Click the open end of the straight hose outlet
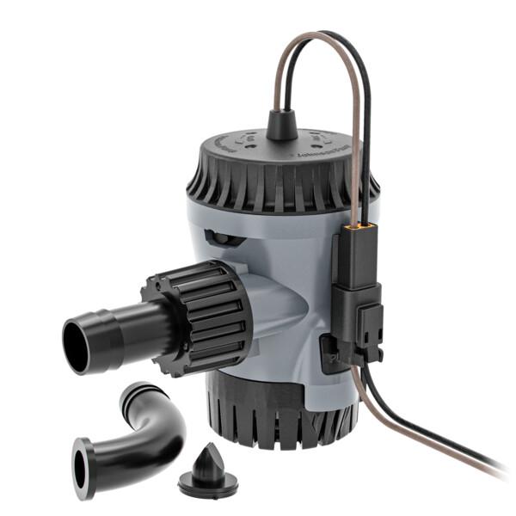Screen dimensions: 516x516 pos(78,344)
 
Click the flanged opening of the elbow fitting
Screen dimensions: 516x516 pos(84,468)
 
